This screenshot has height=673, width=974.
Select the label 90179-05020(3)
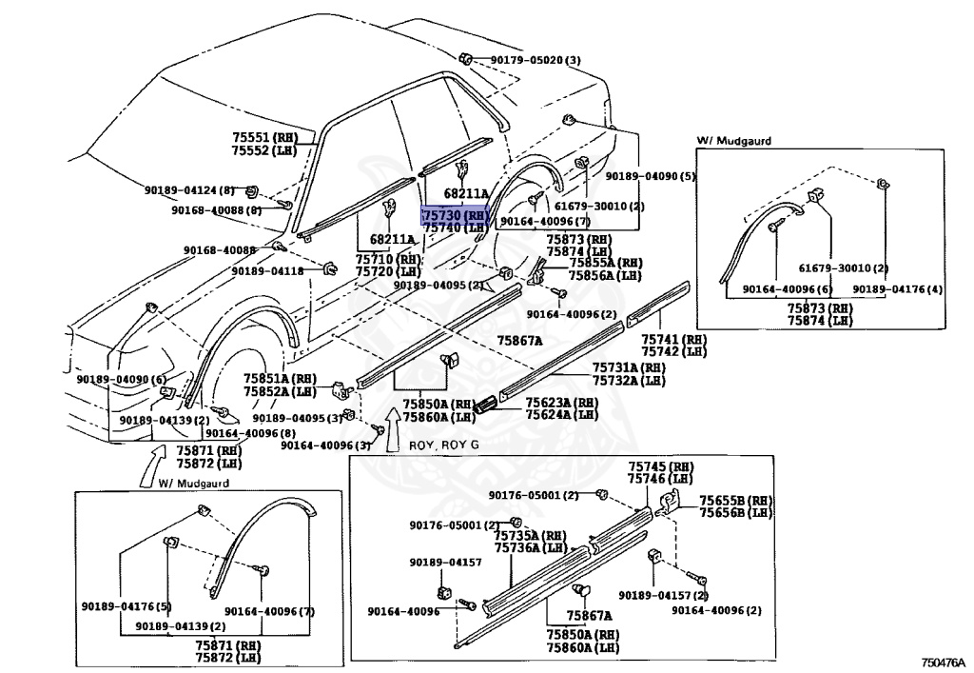pos(536,61)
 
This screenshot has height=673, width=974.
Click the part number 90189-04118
pos(267,271)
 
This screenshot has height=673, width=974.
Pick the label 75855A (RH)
pos(606,263)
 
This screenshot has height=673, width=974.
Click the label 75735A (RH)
pos(530,535)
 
